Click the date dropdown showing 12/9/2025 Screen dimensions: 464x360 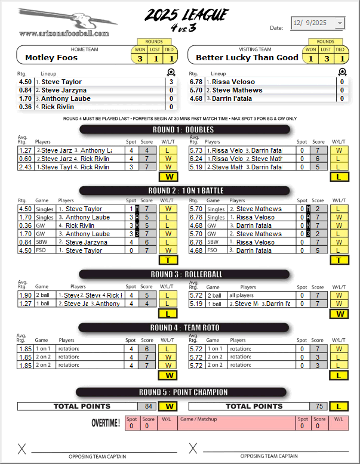pyautogui.click(x=317, y=23)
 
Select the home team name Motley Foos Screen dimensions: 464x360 pyautogui.click(x=51, y=58)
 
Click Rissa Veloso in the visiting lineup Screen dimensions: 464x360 pyautogui.click(x=233, y=82)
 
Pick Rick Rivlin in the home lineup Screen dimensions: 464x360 pyautogui.click(x=57, y=107)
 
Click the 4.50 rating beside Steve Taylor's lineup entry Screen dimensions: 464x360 pyautogui.click(x=26, y=82)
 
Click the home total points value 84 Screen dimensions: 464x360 pyautogui.click(x=149, y=406)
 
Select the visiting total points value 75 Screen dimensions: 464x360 pyautogui.click(x=319, y=406)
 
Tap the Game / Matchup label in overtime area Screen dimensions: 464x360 pyautogui.click(x=198, y=419)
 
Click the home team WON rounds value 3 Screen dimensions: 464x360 pyautogui.click(x=140, y=58)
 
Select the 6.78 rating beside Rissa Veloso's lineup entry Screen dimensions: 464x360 pyautogui.click(x=196, y=82)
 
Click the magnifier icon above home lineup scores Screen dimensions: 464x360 pyautogui.click(x=171, y=73)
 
